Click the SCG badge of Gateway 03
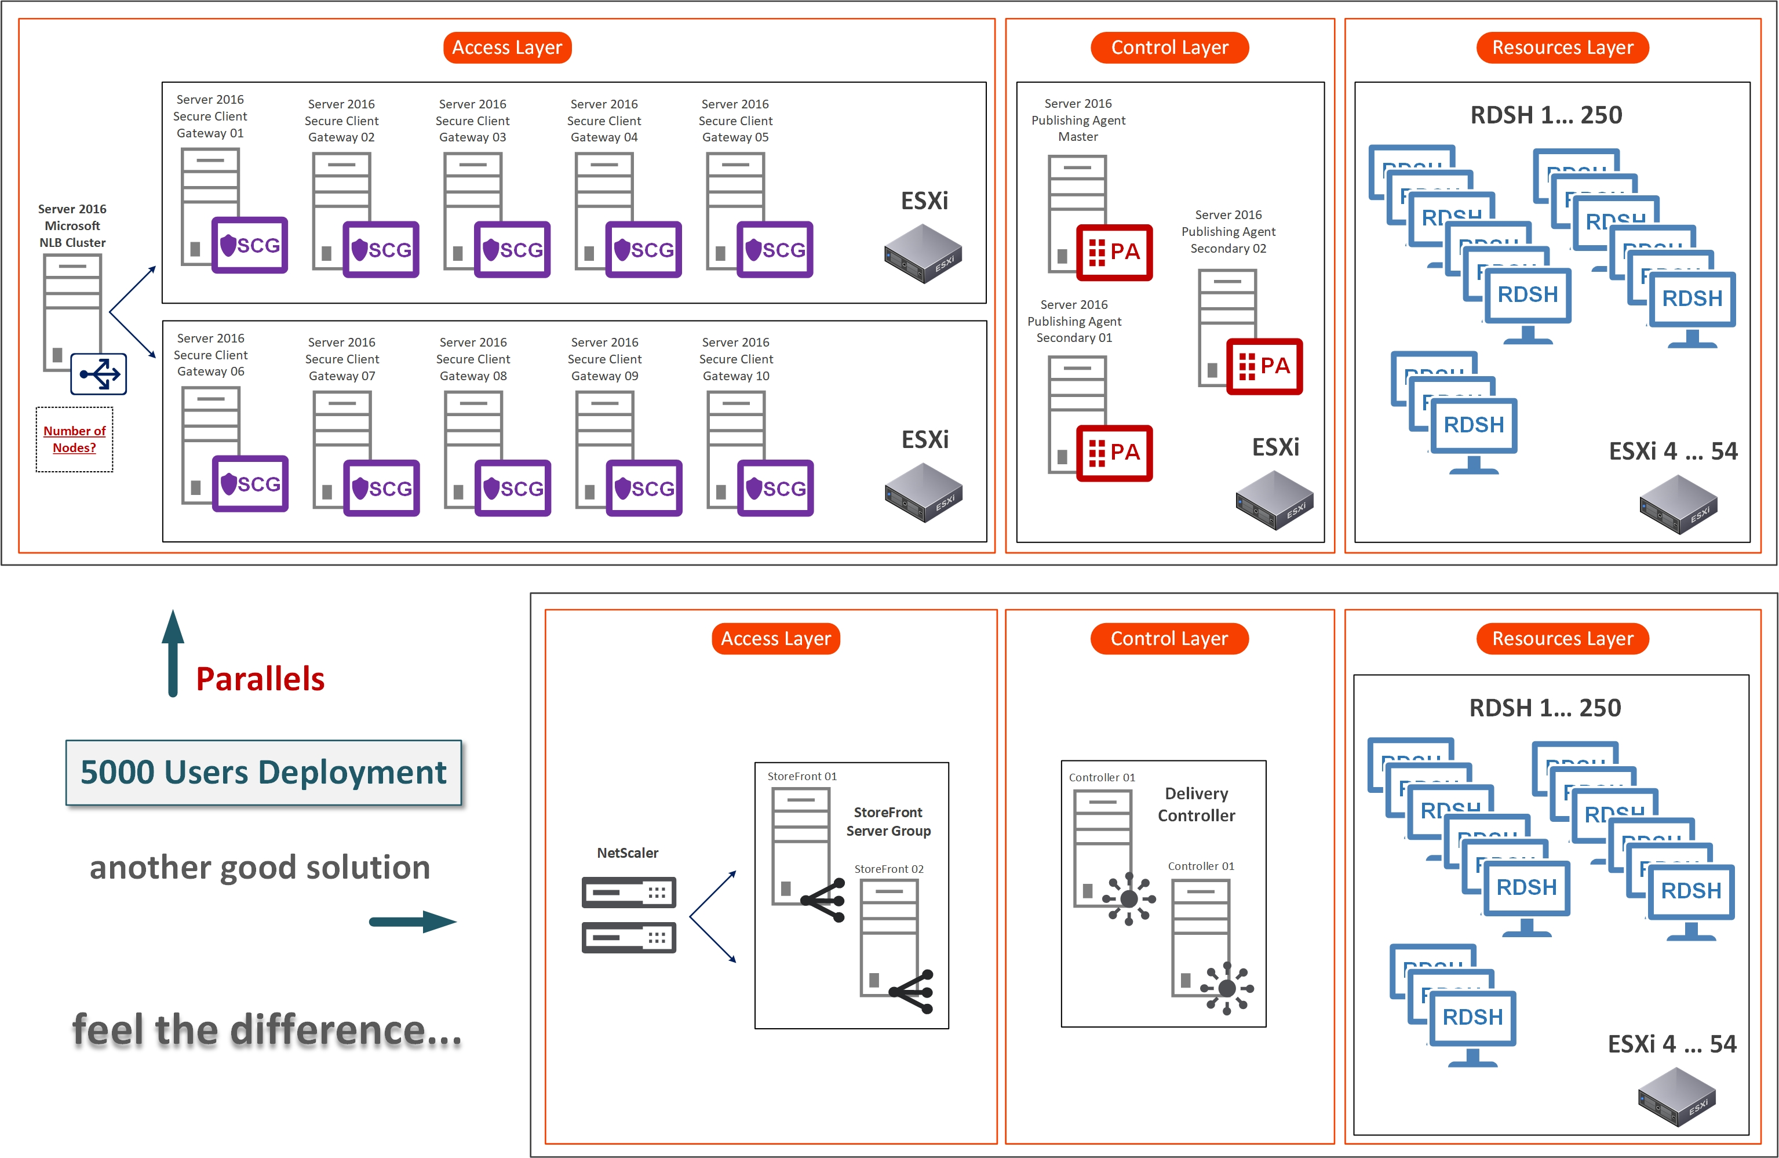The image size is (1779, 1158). click(x=512, y=249)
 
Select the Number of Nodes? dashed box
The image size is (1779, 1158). click(x=74, y=439)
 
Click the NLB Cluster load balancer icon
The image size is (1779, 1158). click(x=99, y=374)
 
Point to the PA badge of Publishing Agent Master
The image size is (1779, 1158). click(x=1114, y=252)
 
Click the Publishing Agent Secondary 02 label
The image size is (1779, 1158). click(x=1228, y=232)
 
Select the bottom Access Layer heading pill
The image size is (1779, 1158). click(x=775, y=639)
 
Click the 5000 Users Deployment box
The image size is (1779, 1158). click(x=263, y=772)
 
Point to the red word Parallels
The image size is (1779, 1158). click(x=260, y=679)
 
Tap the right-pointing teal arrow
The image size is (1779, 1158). click(x=413, y=922)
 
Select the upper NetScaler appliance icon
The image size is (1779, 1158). click(x=629, y=892)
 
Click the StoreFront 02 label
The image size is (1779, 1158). click(x=889, y=869)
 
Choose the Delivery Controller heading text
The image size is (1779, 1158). click(x=1196, y=804)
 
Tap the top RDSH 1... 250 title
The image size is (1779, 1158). click(x=1546, y=115)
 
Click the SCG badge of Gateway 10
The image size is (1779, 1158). click(x=775, y=488)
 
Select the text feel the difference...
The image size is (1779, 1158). click(x=267, y=1030)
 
